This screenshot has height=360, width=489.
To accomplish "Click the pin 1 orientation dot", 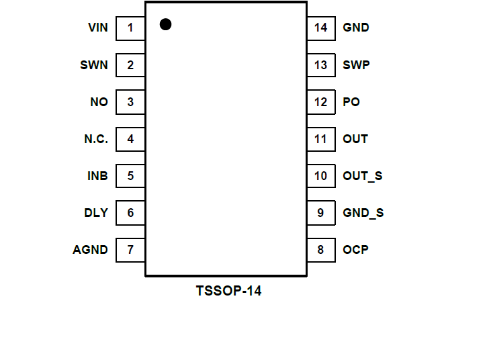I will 165,24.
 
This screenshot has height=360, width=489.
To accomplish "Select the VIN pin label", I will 97,28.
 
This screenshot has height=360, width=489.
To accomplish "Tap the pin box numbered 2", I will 130,65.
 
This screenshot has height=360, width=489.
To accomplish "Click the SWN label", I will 93,65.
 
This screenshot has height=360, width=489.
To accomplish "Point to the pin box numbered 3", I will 130,102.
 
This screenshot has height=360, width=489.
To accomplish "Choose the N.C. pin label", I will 96,139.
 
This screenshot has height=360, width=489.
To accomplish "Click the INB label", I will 97,176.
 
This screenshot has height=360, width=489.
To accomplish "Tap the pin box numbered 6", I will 130,213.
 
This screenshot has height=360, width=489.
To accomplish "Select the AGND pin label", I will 90,250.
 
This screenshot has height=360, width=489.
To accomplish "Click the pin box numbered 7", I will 130,250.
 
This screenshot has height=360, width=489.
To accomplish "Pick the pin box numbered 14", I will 321,28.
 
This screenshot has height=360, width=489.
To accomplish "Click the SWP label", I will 356,65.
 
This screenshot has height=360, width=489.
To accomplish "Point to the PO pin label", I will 351,102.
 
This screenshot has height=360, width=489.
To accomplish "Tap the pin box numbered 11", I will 321,139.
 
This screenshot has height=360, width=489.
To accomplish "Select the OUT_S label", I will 363,176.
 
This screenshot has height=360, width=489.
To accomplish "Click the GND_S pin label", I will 363,213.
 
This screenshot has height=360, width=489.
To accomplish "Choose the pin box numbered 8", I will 321,250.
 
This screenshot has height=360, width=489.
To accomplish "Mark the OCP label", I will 355,250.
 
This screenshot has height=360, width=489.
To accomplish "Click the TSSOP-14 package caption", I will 228,291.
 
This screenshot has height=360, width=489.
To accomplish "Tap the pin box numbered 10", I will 321,176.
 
